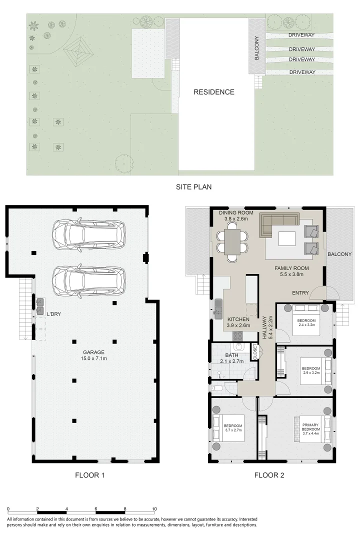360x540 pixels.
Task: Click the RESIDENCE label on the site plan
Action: pos(214,92)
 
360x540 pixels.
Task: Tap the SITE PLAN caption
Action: pos(193,187)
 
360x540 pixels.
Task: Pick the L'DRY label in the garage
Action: pos(54,314)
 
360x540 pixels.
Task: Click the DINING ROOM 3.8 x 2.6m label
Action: pos(236,216)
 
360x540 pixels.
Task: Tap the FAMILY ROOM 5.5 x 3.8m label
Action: pos(291,271)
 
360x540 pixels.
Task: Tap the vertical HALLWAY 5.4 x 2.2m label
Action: pos(267,328)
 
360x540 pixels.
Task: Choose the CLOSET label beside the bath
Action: pos(254,352)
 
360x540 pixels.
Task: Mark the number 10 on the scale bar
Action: pos(154,508)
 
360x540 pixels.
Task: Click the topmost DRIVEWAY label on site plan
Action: pos(301,35)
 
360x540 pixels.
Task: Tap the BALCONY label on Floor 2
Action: pos(339,254)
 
